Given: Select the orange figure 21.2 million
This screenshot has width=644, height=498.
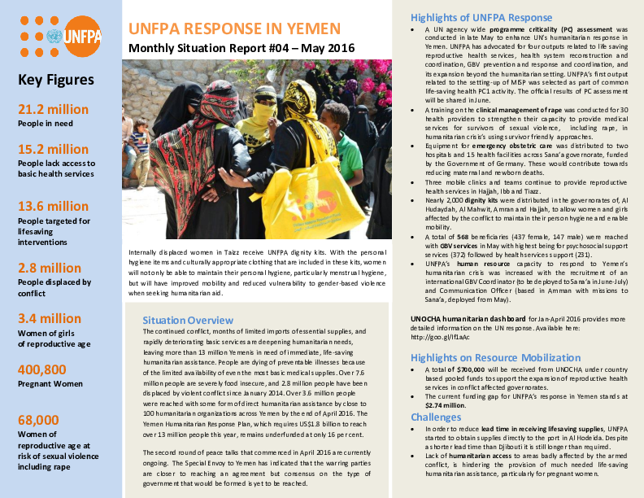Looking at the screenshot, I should click(53, 110).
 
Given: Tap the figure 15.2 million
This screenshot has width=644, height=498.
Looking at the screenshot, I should click(53, 150).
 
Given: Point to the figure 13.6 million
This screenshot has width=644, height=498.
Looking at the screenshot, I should click(53, 207).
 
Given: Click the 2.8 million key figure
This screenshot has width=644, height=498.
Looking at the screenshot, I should click(50, 268).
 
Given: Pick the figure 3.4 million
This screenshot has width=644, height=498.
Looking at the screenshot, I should click(50, 318).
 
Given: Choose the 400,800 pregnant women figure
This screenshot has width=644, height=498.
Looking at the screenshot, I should click(43, 369).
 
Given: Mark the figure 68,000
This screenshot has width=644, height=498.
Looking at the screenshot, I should click(38, 420).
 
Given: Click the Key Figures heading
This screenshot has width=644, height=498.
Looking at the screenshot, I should click(55, 80).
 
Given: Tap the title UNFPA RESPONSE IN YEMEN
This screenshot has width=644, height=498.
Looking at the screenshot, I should click(234, 29).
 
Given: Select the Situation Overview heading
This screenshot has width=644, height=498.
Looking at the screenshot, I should click(188, 320).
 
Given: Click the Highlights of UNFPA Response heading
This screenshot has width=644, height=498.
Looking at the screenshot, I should click(481, 17).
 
